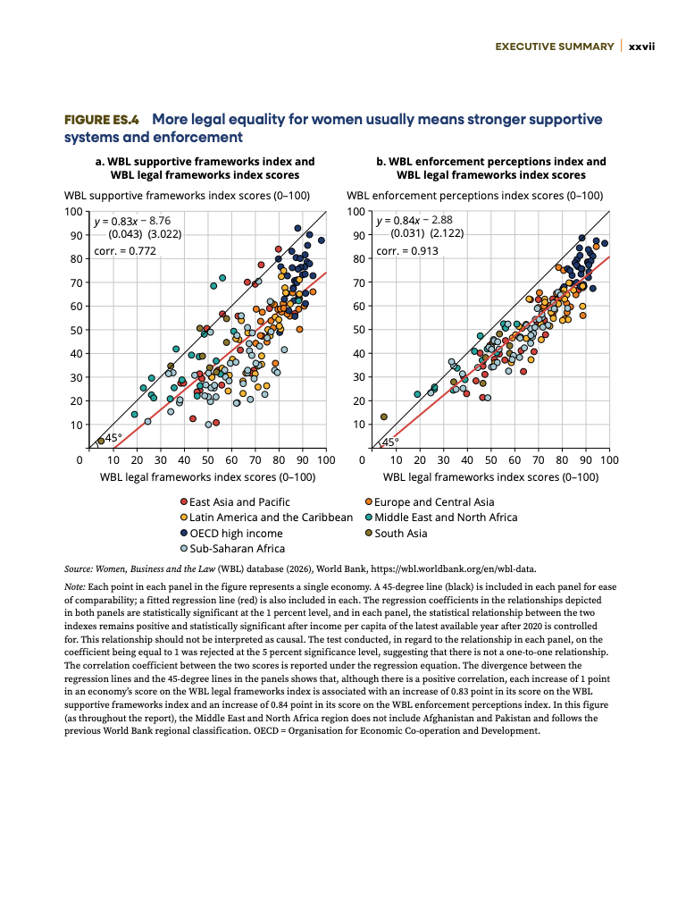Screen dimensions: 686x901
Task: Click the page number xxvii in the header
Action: [642, 46]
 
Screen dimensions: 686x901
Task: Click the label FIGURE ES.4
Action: [102, 120]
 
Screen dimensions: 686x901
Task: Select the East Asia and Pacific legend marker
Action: [184, 501]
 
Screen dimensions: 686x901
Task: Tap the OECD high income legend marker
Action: [184, 534]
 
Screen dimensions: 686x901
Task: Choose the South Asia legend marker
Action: [369, 534]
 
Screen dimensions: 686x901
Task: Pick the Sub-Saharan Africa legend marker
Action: [184, 549]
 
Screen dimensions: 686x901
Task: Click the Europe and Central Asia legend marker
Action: [369, 501]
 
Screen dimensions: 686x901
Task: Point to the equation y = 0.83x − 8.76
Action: [132, 221]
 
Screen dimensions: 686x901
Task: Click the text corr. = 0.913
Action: [407, 251]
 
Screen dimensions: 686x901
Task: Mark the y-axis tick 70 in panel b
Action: [359, 282]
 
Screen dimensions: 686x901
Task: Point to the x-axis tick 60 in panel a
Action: [231, 460]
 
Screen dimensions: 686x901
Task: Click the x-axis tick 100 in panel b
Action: [610, 460]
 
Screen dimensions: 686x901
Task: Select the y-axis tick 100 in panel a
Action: [73, 212]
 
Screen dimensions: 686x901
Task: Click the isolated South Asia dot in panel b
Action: [384, 417]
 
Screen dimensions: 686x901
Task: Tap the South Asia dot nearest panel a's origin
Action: [101, 441]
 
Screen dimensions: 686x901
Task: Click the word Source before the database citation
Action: [78, 569]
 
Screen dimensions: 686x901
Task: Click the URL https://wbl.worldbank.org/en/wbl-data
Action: [454, 569]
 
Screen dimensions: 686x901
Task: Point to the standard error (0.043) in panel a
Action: [125, 234]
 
